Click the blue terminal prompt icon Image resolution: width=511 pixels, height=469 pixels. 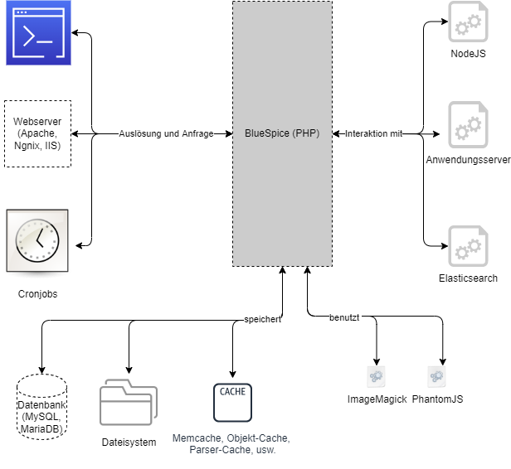point(38,33)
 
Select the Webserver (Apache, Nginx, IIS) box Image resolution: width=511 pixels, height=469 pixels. point(38,133)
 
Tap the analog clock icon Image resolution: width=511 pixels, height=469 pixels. point(38,241)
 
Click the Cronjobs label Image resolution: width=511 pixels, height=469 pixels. point(38,293)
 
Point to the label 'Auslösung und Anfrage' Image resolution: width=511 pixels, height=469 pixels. point(166,133)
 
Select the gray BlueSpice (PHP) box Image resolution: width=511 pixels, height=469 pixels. point(282,133)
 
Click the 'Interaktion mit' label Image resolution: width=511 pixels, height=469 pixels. point(373,133)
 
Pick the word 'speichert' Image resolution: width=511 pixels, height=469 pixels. point(262,319)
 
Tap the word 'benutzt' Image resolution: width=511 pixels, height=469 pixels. point(345,317)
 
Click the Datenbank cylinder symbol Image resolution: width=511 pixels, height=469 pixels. point(41,406)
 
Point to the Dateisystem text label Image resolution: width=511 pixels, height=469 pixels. point(129,442)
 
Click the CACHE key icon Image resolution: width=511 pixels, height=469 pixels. point(232,402)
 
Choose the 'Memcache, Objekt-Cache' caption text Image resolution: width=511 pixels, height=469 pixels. point(231,443)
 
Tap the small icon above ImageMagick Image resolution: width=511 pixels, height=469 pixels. point(377,377)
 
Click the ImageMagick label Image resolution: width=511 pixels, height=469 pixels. point(377,399)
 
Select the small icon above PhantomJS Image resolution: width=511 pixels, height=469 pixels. point(436,377)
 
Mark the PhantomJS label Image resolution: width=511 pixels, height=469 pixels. point(437,399)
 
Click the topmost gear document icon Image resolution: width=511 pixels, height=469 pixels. point(469,22)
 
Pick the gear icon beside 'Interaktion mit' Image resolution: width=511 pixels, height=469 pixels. point(469,125)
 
